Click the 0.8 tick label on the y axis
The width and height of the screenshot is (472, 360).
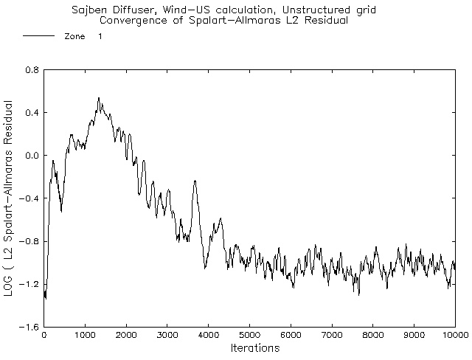coord(31,70)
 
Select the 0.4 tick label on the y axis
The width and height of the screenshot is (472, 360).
coord(31,113)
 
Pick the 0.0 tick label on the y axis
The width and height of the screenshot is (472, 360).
coord(31,156)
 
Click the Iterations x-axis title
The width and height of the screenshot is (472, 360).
coord(249,347)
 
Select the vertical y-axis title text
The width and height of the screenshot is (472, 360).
coord(8,199)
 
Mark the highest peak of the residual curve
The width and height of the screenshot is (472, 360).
coord(99,97)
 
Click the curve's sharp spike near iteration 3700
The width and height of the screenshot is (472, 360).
coord(195,181)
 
